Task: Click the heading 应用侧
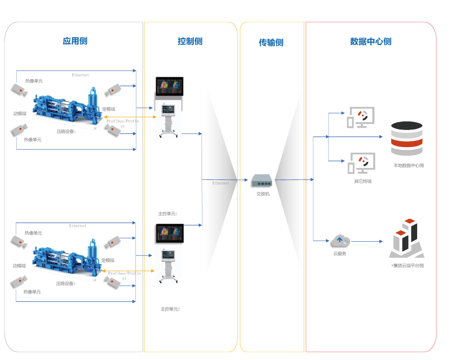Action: (x=75, y=41)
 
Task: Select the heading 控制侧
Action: (x=190, y=41)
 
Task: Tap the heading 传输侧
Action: (x=271, y=43)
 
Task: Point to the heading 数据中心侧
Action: (x=371, y=41)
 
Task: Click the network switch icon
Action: (x=261, y=181)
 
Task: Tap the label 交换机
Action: (x=263, y=194)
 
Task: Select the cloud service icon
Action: (x=340, y=241)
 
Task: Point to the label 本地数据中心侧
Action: (x=408, y=166)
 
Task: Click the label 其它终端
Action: (x=363, y=181)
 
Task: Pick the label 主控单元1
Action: (x=168, y=213)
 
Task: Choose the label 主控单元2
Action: (x=170, y=309)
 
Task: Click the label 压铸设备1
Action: (x=66, y=132)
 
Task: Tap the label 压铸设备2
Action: (x=66, y=284)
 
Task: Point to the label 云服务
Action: (x=340, y=254)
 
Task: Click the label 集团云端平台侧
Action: (x=408, y=265)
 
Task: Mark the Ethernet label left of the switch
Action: (x=220, y=183)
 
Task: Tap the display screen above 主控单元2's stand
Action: (x=169, y=233)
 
